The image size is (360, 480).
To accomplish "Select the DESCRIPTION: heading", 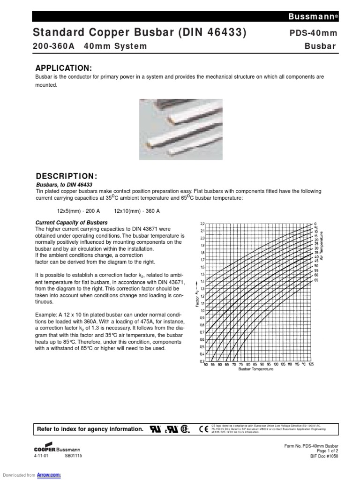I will [x=67, y=176].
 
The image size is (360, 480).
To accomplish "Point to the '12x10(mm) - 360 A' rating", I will [x=136, y=211].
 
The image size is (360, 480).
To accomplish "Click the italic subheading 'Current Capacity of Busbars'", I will [x=72, y=222].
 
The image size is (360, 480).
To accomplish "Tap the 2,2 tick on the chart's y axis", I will [x=202, y=224].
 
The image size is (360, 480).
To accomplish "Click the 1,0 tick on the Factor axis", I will [x=202, y=310].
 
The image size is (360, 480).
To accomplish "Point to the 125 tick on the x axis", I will [x=311, y=364].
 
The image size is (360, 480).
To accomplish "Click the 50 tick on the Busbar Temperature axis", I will [x=206, y=364].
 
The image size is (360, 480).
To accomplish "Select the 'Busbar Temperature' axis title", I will [x=255, y=369].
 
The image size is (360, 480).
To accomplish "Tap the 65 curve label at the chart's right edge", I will [x=315, y=280].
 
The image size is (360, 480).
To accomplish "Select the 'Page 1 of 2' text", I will [x=325, y=450].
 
